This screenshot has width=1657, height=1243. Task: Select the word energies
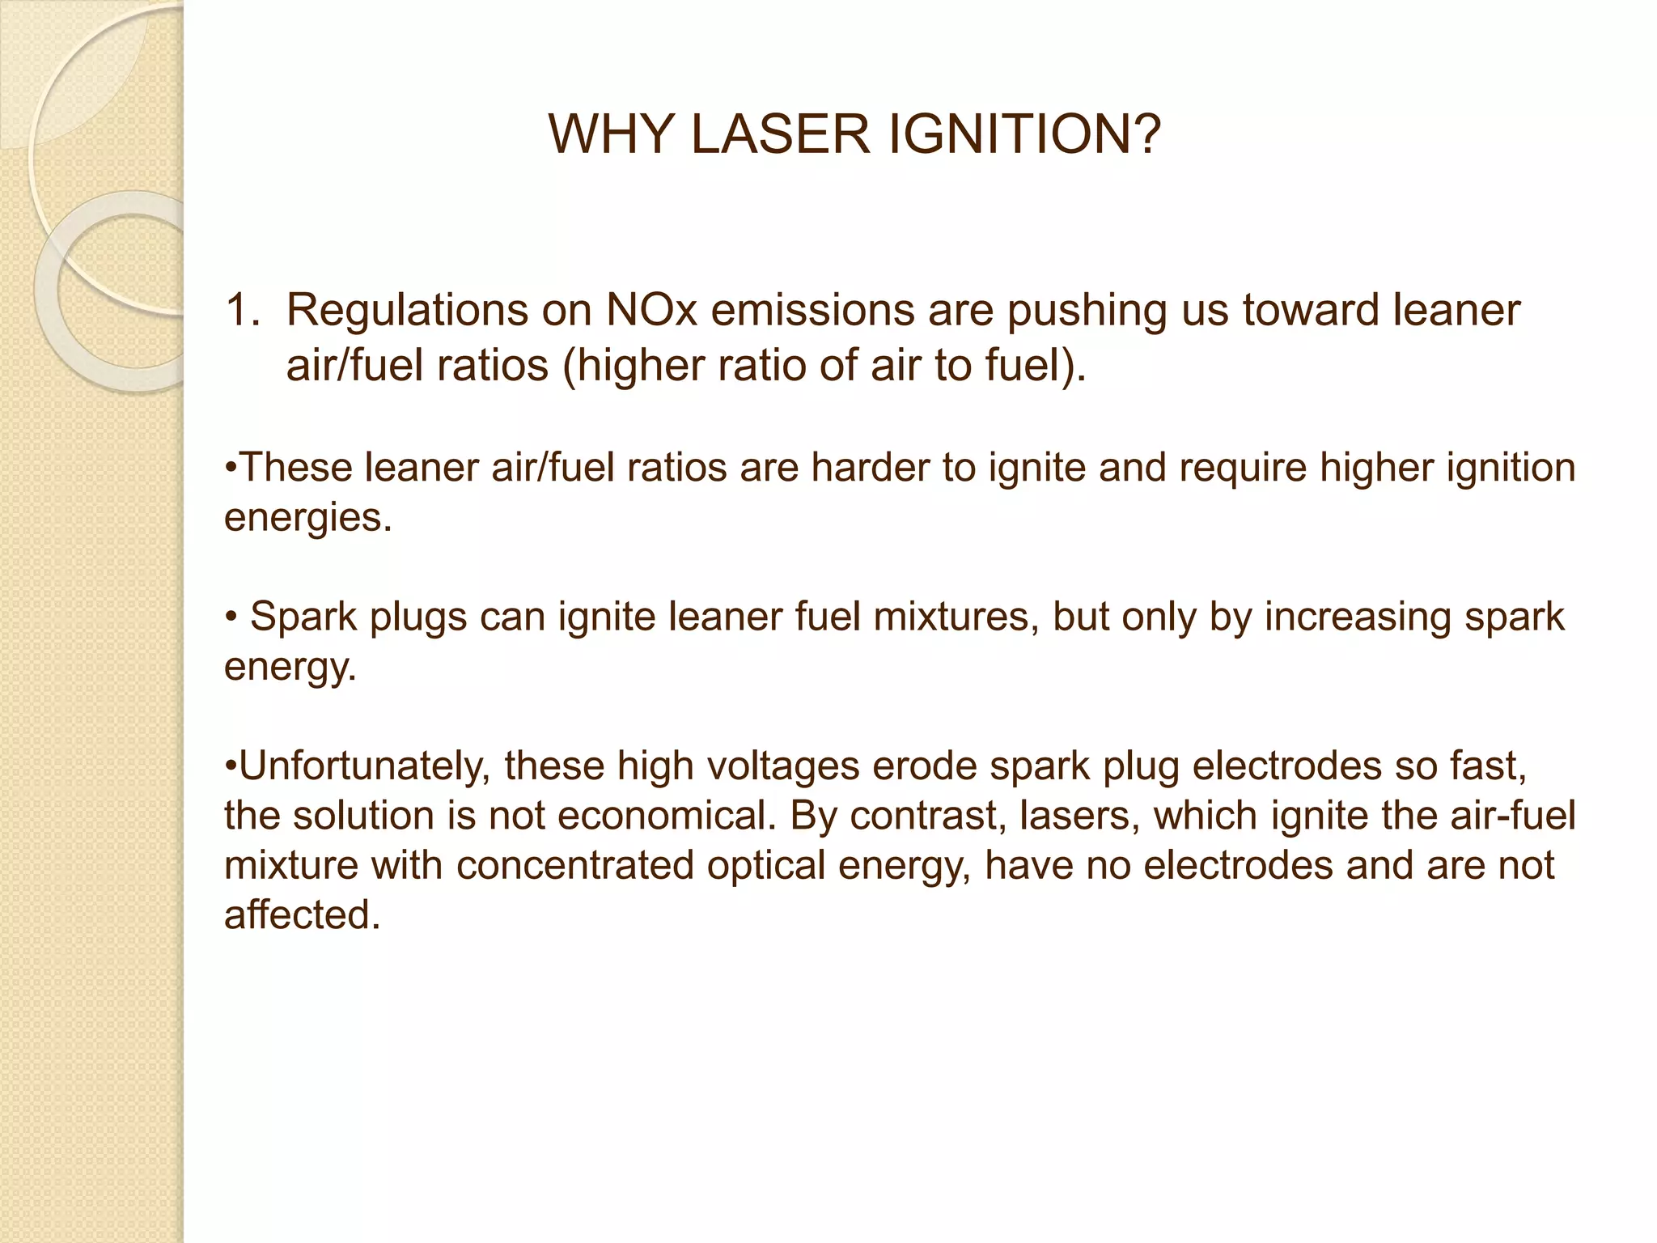[x=307, y=518]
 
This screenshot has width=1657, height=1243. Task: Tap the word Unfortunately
[x=365, y=766]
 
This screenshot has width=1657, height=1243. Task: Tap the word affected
[x=302, y=916]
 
